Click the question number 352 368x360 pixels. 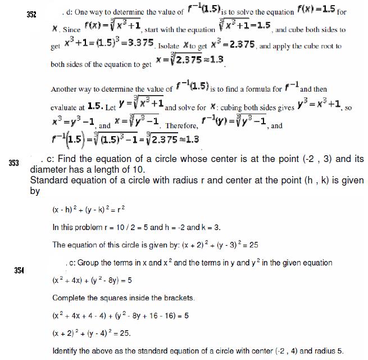click(31, 14)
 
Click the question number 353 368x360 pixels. click(13, 163)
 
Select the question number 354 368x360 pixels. click(19, 271)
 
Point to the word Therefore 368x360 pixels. click(181, 126)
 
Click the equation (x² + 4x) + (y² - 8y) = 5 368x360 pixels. click(92, 280)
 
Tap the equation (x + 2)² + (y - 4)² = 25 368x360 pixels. click(92, 333)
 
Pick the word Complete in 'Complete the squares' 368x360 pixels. click(69, 297)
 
